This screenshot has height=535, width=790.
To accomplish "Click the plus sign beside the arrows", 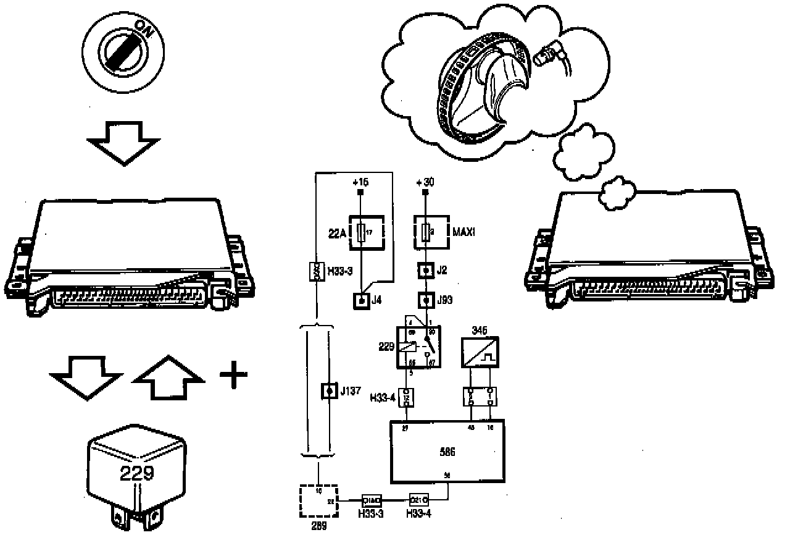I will point(233,376).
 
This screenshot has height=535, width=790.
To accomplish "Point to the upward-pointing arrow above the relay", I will point(168,379).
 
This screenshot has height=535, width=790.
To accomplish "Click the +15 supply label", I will point(360,183).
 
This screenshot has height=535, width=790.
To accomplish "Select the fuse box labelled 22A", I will point(367,232).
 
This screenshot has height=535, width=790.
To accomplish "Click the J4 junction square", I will point(360,301).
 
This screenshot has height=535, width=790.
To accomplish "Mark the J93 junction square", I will point(425,301).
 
